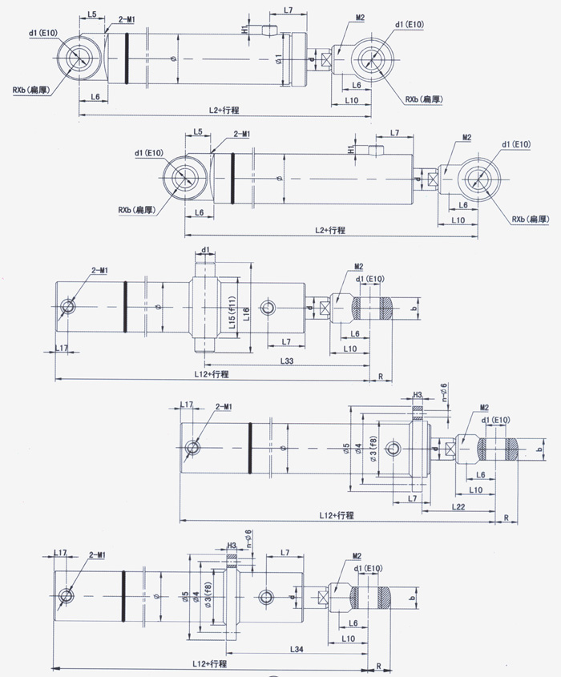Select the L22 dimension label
coord(458,506)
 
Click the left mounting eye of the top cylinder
coord(78,58)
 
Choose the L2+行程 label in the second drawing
coord(330,230)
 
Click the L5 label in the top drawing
coord(92,15)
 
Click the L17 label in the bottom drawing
coord(60,554)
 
